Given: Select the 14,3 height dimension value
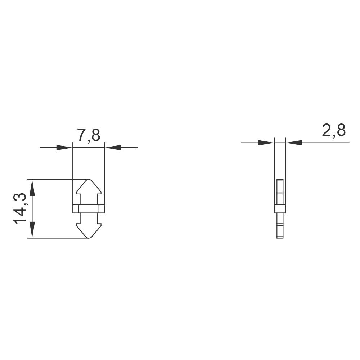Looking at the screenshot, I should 20,208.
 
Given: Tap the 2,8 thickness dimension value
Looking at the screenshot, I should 334,130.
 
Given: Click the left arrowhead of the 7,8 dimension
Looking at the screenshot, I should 65,148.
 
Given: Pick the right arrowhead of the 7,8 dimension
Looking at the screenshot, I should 112,148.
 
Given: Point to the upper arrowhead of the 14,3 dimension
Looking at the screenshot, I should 32,187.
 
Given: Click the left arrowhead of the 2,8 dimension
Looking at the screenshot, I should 266,143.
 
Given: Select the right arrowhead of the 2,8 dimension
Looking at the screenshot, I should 294,143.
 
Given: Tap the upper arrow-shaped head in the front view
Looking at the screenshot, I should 89,189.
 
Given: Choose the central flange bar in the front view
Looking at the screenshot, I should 89,209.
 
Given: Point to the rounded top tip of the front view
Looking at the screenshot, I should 89,180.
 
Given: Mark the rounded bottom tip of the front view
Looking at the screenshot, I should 89,237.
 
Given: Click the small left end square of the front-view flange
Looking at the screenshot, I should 75,209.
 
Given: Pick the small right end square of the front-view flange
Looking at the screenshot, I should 102,209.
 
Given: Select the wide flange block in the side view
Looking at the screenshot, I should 280,209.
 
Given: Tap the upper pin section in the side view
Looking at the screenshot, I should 280,192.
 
